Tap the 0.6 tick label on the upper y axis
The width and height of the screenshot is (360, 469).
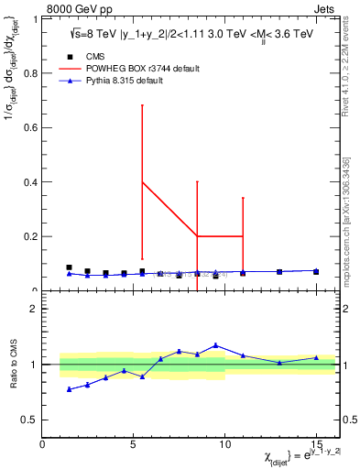click(x=28, y=128)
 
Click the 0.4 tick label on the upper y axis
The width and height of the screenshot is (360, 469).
click(x=28, y=182)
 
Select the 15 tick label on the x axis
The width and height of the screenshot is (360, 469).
click(x=316, y=443)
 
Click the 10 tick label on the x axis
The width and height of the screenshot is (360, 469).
click(x=224, y=443)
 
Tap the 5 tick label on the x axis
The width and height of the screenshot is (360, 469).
click(x=134, y=443)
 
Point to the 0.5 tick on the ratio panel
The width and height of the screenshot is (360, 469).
click(x=28, y=420)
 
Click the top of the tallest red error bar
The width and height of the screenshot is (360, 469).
click(x=142, y=104)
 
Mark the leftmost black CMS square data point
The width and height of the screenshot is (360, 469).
click(x=69, y=267)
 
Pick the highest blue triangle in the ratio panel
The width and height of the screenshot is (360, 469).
click(x=215, y=345)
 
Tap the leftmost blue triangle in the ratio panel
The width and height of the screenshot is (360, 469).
click(x=69, y=389)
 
